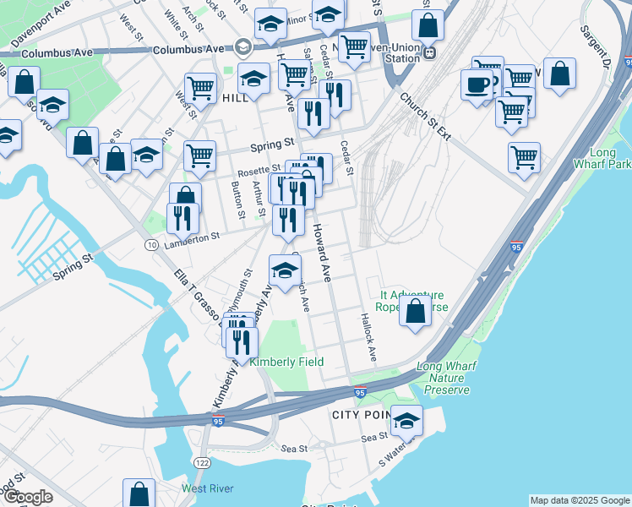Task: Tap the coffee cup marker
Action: tap(477, 84)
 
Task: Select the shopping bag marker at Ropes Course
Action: tap(415, 310)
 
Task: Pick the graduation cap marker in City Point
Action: tap(406, 420)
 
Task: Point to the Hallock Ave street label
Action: tap(368, 338)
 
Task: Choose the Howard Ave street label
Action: tap(323, 253)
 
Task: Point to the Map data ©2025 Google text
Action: tap(580, 500)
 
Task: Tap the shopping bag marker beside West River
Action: tap(139, 494)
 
